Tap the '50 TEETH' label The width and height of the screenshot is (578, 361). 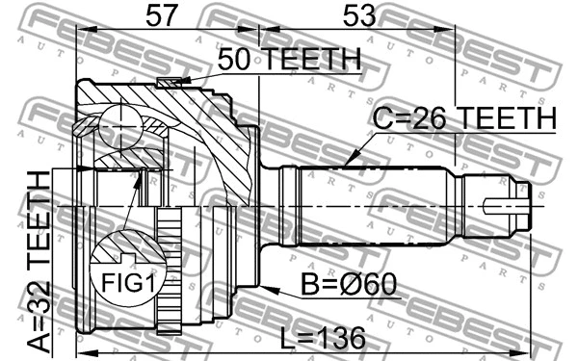point(288,60)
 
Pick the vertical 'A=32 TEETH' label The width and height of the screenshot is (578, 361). point(38,261)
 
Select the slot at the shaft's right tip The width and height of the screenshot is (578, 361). point(505,205)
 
